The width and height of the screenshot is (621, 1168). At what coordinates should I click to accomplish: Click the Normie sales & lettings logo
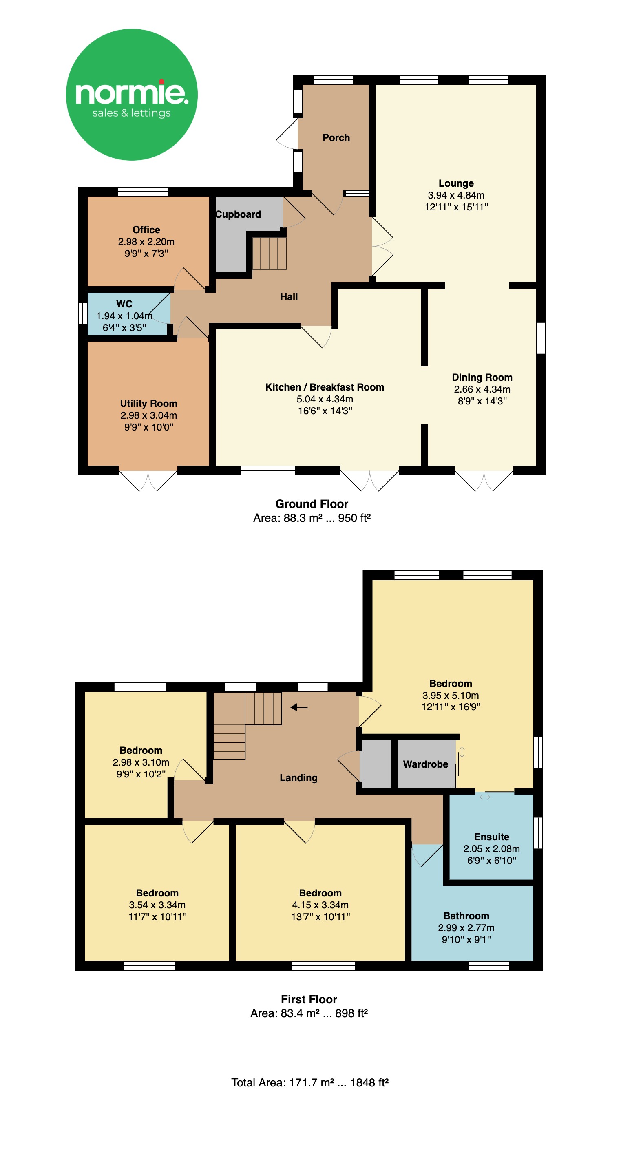coord(132,94)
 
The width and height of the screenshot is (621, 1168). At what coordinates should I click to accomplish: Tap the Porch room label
coord(336,137)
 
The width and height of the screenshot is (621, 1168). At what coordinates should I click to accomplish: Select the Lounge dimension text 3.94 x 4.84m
coord(456,195)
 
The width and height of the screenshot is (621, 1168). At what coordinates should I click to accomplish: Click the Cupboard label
coord(238,214)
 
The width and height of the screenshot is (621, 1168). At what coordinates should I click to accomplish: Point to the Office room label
coord(146,230)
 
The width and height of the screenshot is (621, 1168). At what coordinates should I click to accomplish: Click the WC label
coord(124,304)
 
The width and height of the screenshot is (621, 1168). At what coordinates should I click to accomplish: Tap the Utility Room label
coord(148,403)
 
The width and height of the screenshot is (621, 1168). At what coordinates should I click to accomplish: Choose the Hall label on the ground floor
coord(289,296)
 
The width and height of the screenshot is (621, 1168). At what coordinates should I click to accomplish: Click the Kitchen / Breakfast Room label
coord(325,387)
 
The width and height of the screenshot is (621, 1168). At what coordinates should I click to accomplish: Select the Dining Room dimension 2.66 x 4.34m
coord(482,389)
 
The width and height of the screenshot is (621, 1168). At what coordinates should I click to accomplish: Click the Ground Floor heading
coord(312,504)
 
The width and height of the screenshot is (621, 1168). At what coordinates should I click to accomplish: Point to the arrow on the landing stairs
coord(299,707)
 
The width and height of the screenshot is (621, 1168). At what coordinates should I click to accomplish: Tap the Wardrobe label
coord(426,764)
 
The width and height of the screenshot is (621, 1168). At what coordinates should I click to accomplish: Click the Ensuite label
coord(492,837)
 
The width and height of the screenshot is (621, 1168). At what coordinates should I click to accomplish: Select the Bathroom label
coord(466,916)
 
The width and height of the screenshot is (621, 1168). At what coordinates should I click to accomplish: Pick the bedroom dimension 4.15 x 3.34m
coord(320,905)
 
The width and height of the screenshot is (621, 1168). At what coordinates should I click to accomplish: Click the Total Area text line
coord(310,1082)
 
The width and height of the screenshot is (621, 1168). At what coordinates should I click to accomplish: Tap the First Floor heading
coord(309,999)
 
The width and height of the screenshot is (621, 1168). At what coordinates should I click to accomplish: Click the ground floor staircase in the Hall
coord(270,254)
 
